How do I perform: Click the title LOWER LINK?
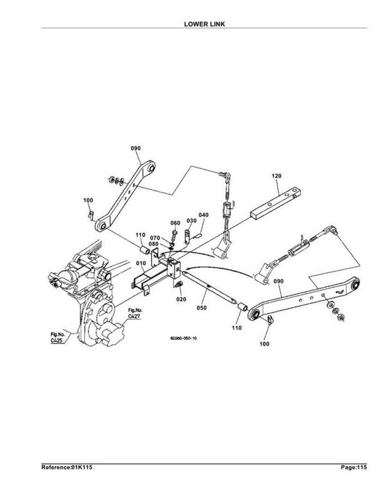click(x=204, y=24)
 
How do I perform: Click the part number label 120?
click(x=276, y=176)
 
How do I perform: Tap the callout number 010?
click(x=141, y=263)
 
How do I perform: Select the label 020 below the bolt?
click(x=181, y=299)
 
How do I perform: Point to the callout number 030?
click(x=192, y=221)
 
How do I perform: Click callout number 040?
click(x=204, y=215)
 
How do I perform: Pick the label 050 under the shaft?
click(x=202, y=308)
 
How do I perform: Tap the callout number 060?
click(x=175, y=223)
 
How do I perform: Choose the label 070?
click(x=155, y=238)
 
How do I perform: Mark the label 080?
click(x=154, y=245)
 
